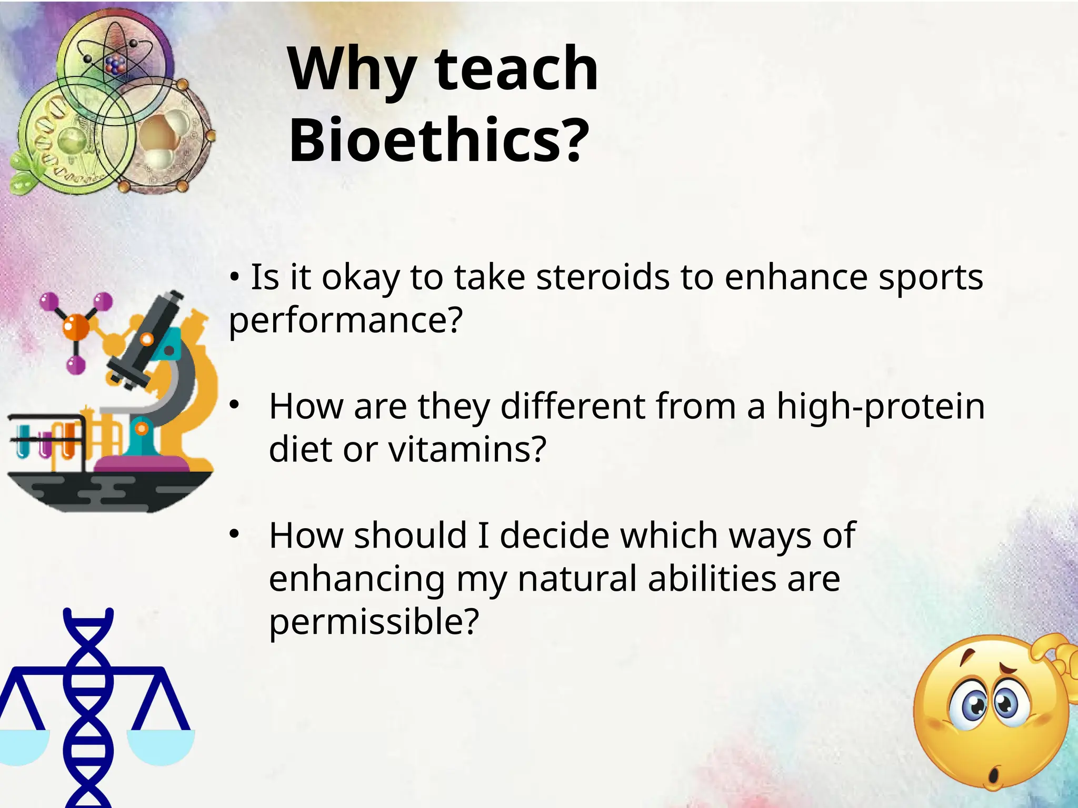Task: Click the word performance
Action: click(345, 320)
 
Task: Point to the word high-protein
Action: click(880, 406)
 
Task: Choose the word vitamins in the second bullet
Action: click(467, 449)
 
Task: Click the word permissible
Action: click(374, 622)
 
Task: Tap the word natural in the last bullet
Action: click(577, 579)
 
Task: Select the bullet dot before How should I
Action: click(234, 534)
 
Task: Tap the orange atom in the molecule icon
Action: click(76, 326)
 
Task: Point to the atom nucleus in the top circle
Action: click(115, 65)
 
